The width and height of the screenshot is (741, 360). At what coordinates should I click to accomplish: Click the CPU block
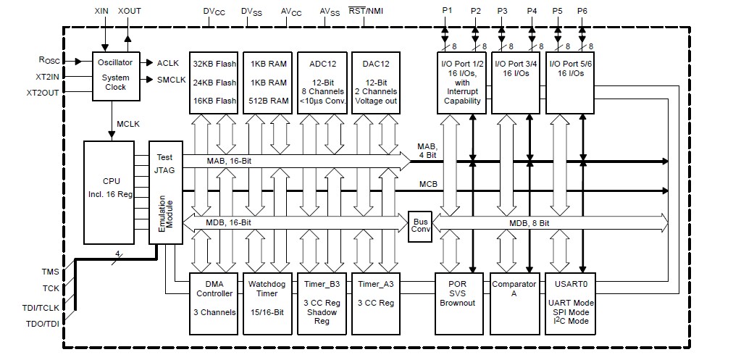[x=109, y=192]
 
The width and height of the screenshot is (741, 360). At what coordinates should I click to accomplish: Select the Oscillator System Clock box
[x=115, y=76]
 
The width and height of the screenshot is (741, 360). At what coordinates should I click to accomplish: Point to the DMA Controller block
[x=214, y=304]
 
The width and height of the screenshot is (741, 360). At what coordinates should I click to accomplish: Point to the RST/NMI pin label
[x=367, y=12]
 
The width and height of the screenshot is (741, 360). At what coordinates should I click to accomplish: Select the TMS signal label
[x=51, y=271]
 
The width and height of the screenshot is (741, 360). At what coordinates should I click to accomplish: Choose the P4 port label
[x=532, y=11]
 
